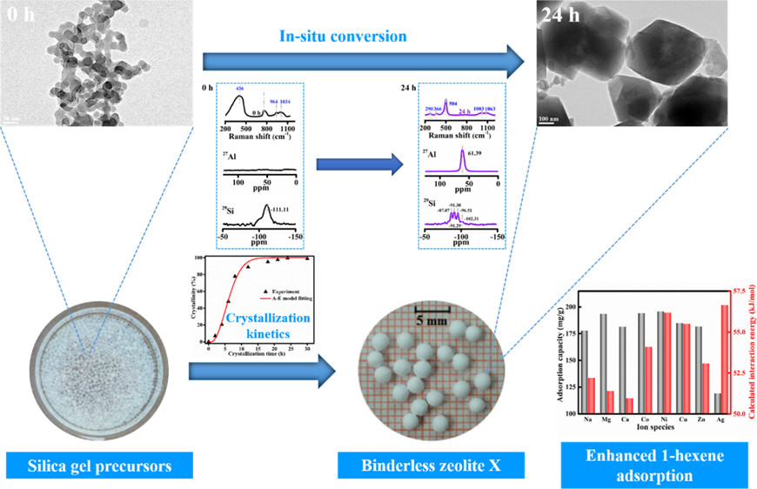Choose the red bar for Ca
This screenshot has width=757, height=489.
click(x=630, y=405)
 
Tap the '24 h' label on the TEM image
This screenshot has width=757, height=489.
click(x=558, y=15)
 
